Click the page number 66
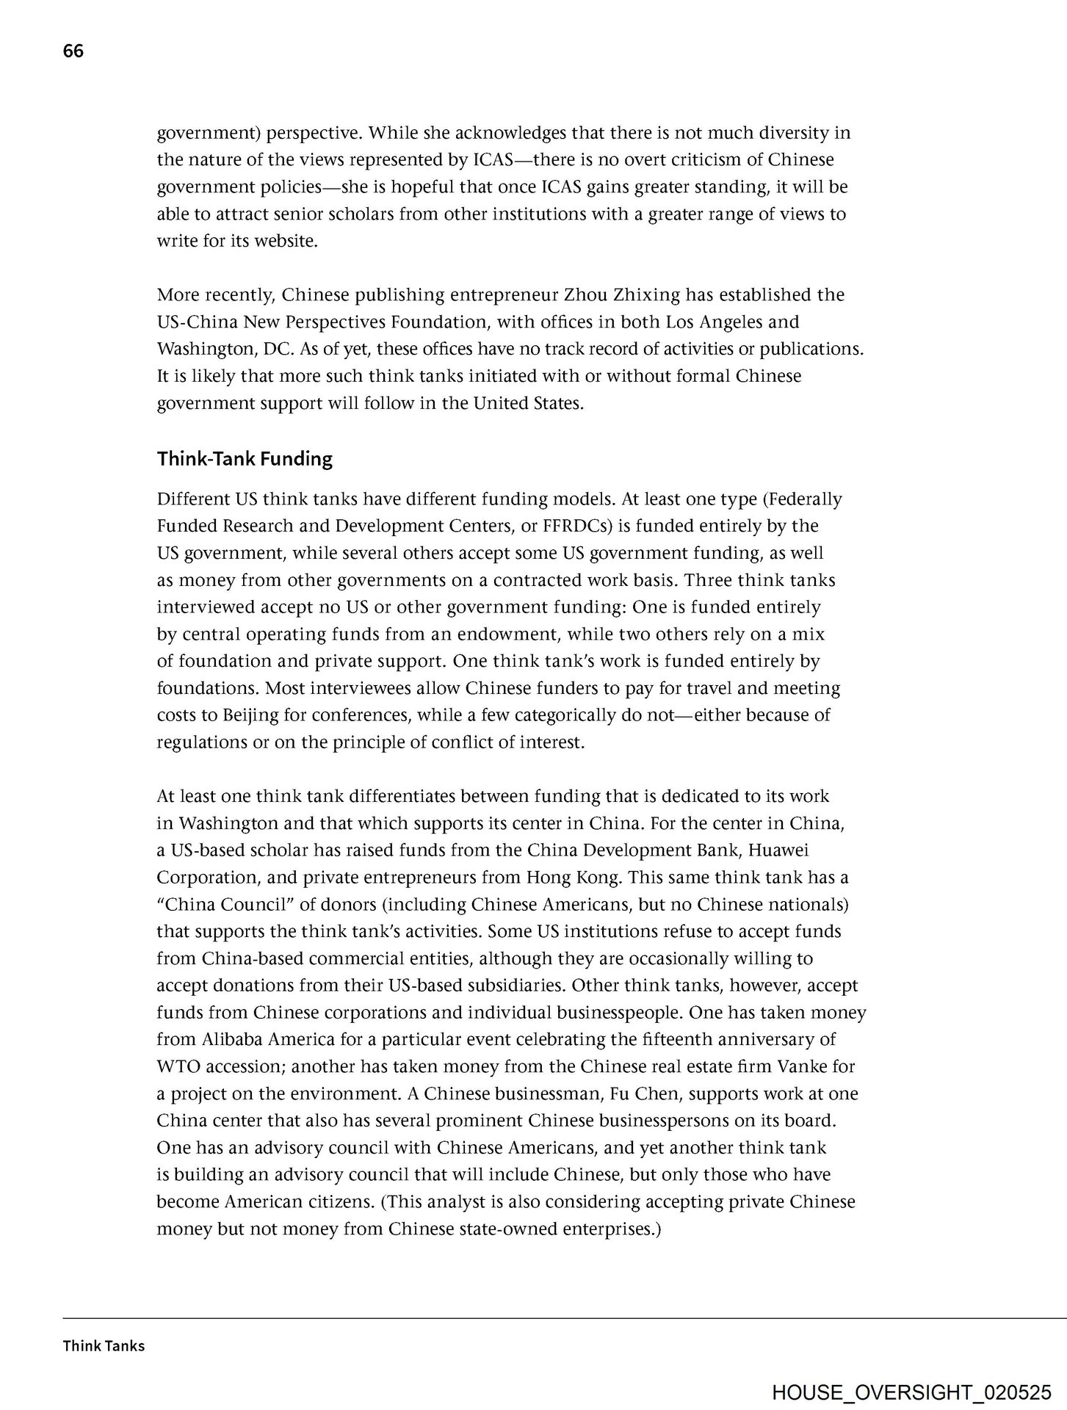coord(73,51)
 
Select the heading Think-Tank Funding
coord(245,460)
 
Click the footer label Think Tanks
coord(104,1346)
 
